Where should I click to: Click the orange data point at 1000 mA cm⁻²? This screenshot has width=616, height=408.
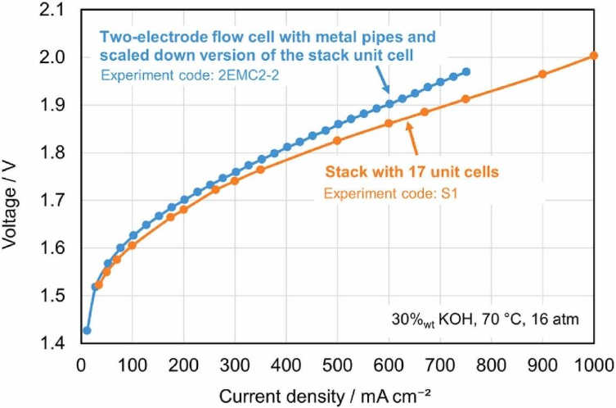[594, 56]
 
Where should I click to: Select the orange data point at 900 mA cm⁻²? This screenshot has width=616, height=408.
[542, 75]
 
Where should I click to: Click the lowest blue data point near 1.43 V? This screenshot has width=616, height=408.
[87, 330]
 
